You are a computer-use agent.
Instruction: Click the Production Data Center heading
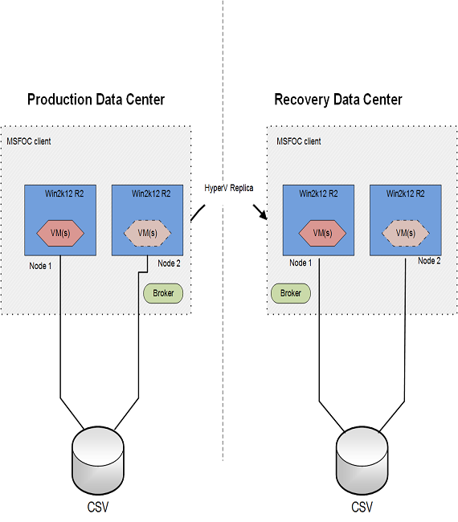tap(96, 100)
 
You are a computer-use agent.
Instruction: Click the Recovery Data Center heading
tap(338, 100)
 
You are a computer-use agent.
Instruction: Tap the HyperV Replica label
tap(229, 188)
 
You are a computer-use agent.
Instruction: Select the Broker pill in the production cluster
tap(163, 293)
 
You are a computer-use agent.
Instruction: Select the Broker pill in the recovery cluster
tap(291, 293)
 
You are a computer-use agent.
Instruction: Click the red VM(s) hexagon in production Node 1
tap(60, 233)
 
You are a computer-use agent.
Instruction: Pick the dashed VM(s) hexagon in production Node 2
tap(148, 233)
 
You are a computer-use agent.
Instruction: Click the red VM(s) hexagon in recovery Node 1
tap(322, 233)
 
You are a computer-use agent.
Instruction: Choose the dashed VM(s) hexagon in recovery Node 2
tap(406, 233)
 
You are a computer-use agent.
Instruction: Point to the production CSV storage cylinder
tap(98, 460)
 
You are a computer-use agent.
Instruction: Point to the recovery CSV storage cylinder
tap(362, 460)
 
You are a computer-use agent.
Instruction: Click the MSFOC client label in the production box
tap(29, 141)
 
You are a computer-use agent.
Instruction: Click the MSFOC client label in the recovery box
tap(299, 141)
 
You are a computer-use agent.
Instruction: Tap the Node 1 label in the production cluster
tap(40, 266)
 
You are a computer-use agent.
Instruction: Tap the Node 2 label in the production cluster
tap(169, 263)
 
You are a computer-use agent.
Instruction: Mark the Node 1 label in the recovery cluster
tap(301, 263)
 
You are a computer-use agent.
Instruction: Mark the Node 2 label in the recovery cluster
tap(429, 261)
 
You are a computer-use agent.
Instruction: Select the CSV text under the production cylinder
tap(98, 508)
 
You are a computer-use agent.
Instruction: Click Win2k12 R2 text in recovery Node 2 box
tap(406, 194)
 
